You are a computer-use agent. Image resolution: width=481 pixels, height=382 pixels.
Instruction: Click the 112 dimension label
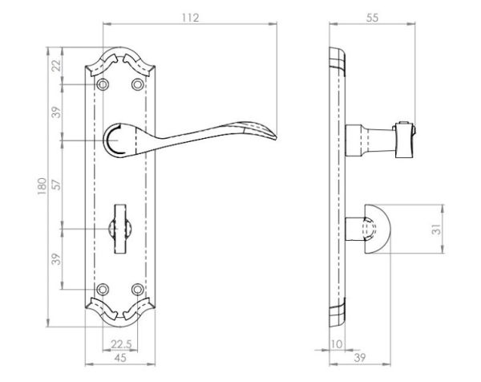(191, 18)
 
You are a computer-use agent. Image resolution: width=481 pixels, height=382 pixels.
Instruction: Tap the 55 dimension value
(372, 18)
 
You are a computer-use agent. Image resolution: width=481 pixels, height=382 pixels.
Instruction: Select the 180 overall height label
(42, 186)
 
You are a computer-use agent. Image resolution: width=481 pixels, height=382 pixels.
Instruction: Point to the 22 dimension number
(56, 66)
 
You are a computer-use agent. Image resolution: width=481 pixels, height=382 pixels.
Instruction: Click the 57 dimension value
(56, 185)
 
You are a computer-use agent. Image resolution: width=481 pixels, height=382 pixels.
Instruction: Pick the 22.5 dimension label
(121, 344)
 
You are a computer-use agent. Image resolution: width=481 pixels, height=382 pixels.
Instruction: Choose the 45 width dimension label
(120, 358)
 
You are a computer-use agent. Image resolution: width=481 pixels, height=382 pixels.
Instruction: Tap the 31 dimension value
(436, 229)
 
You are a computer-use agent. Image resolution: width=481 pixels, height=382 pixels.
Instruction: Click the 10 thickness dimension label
(337, 344)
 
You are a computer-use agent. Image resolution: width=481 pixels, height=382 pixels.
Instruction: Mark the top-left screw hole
(103, 84)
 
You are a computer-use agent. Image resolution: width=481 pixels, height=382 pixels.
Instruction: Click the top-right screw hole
(137, 84)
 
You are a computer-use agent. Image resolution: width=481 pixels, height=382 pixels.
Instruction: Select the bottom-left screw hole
(103, 289)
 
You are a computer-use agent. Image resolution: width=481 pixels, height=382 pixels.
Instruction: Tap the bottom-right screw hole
(137, 289)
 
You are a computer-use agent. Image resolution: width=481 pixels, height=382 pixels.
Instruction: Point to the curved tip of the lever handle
(275, 137)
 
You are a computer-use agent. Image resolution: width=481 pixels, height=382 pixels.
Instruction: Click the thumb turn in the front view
(120, 229)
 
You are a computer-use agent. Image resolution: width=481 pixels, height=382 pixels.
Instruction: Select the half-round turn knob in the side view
(377, 229)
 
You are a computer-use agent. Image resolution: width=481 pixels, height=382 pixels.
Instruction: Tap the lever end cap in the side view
(405, 140)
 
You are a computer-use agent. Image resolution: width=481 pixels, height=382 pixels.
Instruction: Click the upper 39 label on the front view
(56, 112)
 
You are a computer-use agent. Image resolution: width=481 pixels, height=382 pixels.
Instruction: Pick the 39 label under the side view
(360, 358)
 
